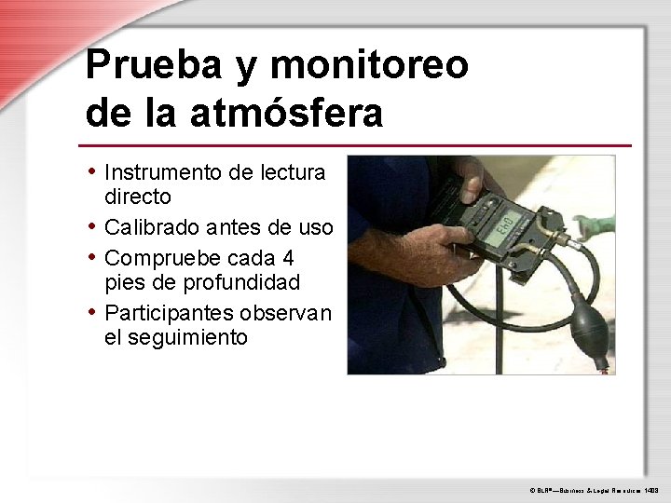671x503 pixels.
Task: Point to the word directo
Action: click(x=137, y=197)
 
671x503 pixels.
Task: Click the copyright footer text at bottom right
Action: click(x=595, y=487)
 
